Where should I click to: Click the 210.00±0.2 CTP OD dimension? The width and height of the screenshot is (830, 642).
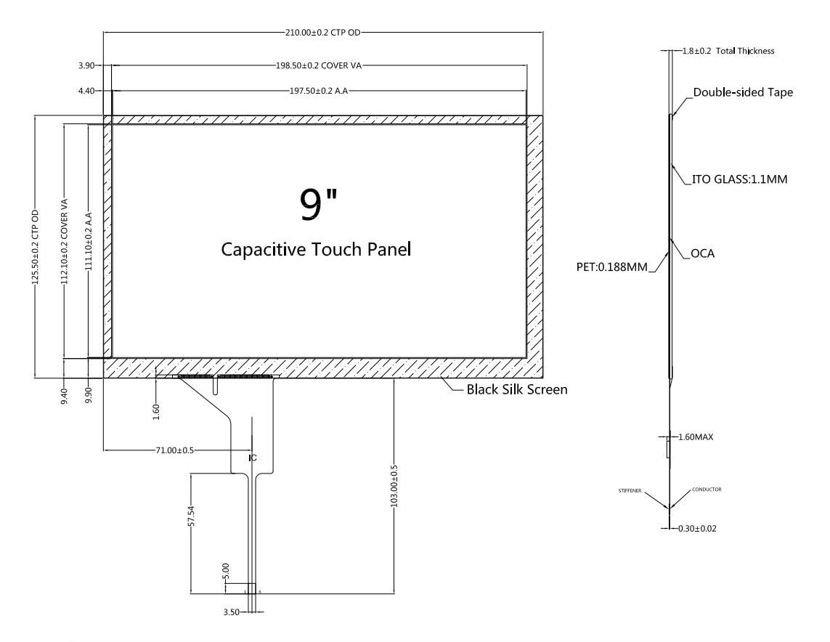(x=324, y=33)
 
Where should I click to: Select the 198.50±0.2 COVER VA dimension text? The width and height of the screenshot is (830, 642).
(x=320, y=65)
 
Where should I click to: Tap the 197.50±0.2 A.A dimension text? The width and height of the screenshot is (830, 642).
(x=320, y=92)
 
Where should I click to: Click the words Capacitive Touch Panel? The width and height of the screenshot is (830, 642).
(x=316, y=249)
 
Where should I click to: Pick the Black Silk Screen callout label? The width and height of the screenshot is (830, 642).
(x=516, y=390)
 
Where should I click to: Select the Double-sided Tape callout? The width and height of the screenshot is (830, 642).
(x=743, y=93)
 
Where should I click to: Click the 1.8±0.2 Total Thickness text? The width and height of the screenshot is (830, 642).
(x=729, y=51)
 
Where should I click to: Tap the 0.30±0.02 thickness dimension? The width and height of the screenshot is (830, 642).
(x=696, y=528)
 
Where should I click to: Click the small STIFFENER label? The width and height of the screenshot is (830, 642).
(x=629, y=491)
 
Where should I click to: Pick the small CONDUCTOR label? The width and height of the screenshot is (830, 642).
(x=705, y=489)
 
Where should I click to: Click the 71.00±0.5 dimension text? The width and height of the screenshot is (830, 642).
(x=174, y=451)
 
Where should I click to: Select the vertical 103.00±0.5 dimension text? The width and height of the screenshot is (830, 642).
(x=394, y=486)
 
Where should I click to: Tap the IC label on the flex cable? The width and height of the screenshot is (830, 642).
(x=253, y=458)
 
